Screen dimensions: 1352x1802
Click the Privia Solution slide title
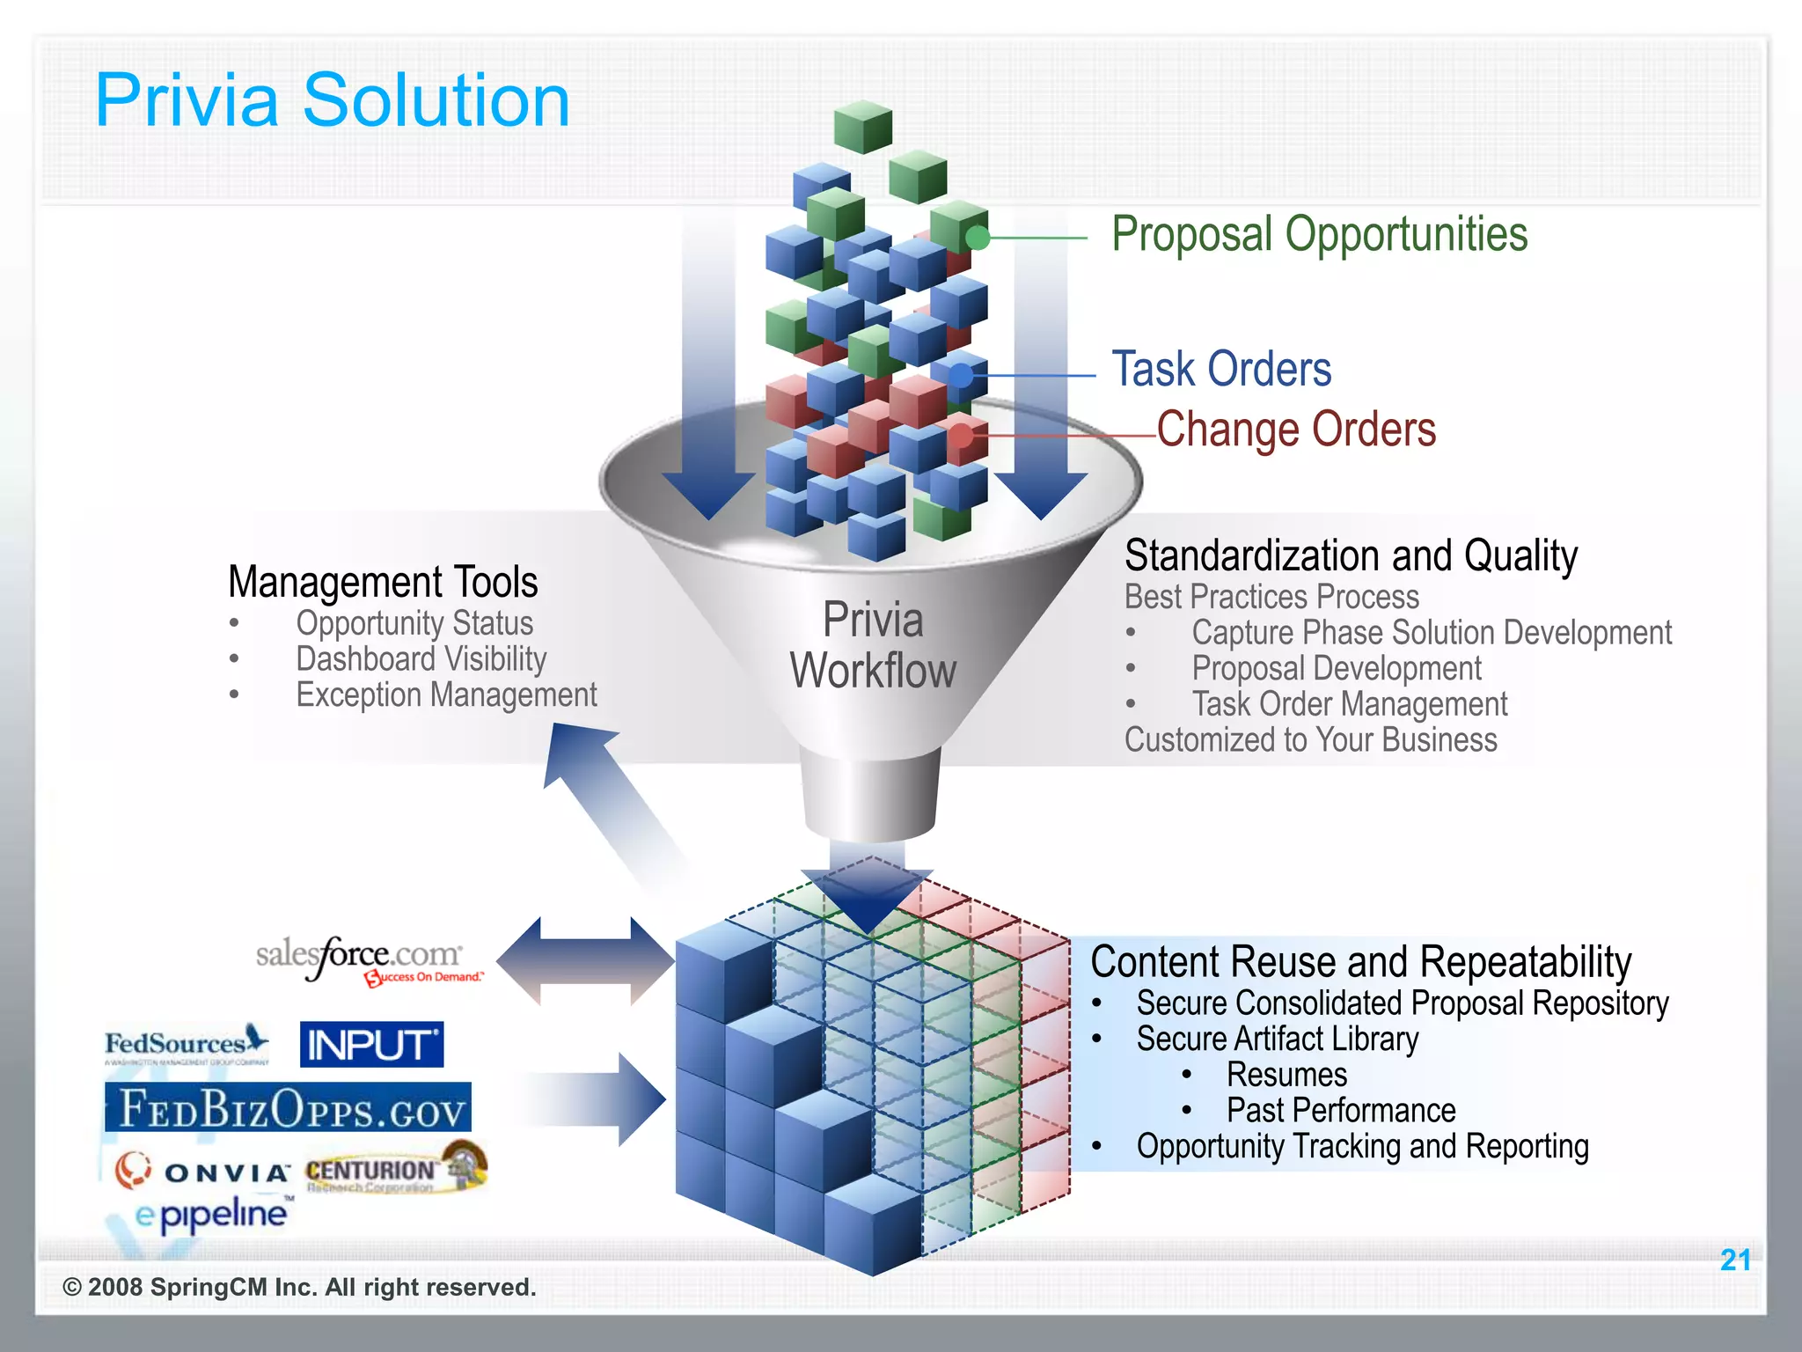[x=333, y=100]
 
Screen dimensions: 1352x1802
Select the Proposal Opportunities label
[x=1319, y=235]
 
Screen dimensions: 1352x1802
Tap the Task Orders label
[x=1221, y=369]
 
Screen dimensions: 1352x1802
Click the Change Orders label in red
[x=1296, y=430]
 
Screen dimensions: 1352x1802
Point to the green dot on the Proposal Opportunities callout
[x=978, y=238]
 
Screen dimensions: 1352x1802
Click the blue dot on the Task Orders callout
[x=962, y=376]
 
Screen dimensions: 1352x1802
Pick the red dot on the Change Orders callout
[x=961, y=435]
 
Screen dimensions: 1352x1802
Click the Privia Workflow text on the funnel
[x=873, y=646]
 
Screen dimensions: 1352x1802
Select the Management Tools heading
[x=383, y=582]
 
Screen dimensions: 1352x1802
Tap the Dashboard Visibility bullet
[x=421, y=659]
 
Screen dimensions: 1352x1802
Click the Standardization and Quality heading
[x=1351, y=556]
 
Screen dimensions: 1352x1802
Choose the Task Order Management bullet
[x=1349, y=704]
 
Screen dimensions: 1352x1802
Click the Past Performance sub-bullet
[x=1340, y=1111]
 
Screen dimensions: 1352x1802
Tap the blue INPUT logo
[x=371, y=1045]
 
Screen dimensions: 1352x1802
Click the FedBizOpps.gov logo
[x=289, y=1107]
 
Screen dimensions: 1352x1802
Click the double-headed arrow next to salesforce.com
[x=585, y=961]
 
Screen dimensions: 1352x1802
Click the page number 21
[x=1734, y=1260]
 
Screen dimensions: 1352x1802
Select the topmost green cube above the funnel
[x=863, y=127]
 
